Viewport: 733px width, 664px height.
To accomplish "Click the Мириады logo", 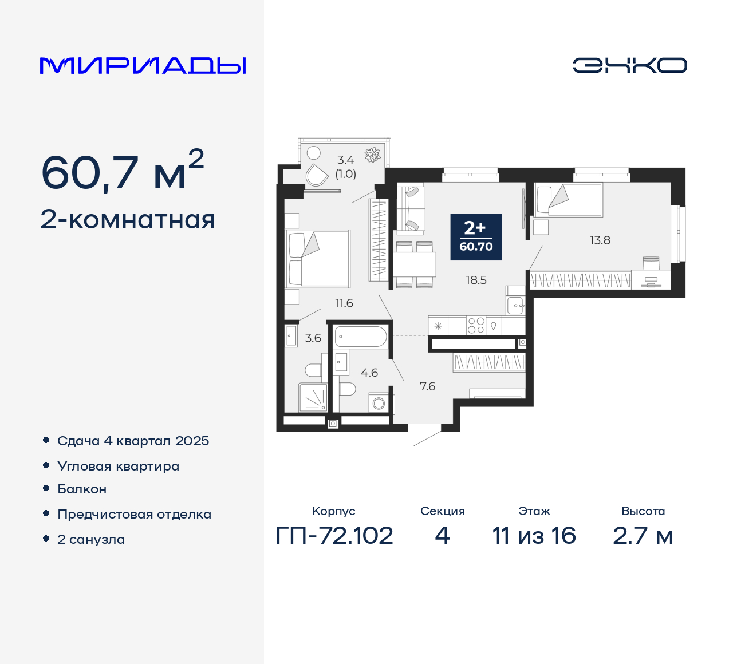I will tap(143, 65).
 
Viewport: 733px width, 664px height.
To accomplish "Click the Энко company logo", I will tap(629, 65).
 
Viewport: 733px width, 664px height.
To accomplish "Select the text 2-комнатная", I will tap(128, 220).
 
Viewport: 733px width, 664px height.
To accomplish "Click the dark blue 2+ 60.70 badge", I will tap(476, 237).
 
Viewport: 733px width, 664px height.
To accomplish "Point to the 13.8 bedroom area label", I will tap(600, 240).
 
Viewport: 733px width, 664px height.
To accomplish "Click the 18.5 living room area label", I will tap(476, 280).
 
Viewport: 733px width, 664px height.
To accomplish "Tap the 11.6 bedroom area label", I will tap(344, 303).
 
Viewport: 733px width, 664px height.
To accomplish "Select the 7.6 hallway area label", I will tap(427, 386).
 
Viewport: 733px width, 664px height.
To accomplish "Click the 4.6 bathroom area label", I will tap(369, 373).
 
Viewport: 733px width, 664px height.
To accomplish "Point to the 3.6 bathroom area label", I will tap(313, 338).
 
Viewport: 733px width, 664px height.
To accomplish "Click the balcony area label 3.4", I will tap(345, 160).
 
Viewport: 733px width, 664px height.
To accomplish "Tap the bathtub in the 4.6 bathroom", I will tap(361, 337).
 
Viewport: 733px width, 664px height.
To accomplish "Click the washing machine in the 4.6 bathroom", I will tap(379, 403).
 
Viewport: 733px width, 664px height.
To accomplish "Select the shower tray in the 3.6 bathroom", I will tap(313, 397).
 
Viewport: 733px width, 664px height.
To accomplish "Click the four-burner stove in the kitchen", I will tap(476, 326).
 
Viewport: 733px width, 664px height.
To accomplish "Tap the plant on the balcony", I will tap(373, 155).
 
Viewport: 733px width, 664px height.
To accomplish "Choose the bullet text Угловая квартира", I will tap(119, 466).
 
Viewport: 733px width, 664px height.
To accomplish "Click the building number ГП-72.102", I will tap(334, 536).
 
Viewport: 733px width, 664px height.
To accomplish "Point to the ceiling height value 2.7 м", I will tap(643, 536).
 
